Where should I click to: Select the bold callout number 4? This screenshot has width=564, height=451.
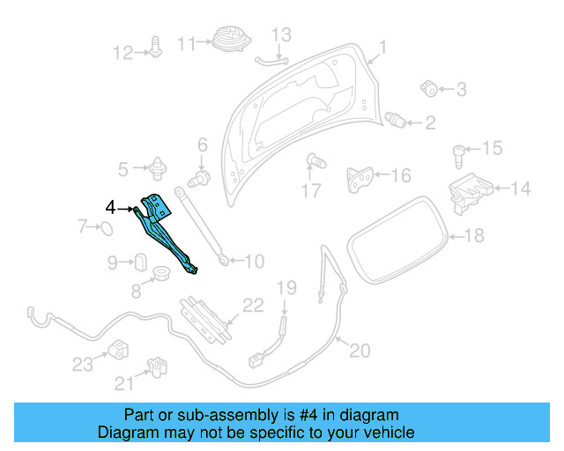(x=110, y=208)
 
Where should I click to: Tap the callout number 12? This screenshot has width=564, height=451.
(x=122, y=53)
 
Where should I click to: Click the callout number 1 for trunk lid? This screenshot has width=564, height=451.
(x=382, y=47)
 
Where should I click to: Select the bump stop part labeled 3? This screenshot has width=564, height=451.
(x=430, y=87)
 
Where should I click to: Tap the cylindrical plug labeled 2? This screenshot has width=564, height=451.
(x=397, y=119)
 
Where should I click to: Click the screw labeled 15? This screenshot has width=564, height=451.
(x=460, y=155)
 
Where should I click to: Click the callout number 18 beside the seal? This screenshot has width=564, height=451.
(x=474, y=235)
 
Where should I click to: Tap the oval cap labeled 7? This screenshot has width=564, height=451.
(x=104, y=229)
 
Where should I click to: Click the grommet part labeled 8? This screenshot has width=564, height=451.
(x=162, y=273)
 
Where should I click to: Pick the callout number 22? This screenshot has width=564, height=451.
(x=253, y=306)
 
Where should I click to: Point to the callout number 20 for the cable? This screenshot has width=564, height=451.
(x=360, y=351)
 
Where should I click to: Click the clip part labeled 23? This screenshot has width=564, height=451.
(x=117, y=348)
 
